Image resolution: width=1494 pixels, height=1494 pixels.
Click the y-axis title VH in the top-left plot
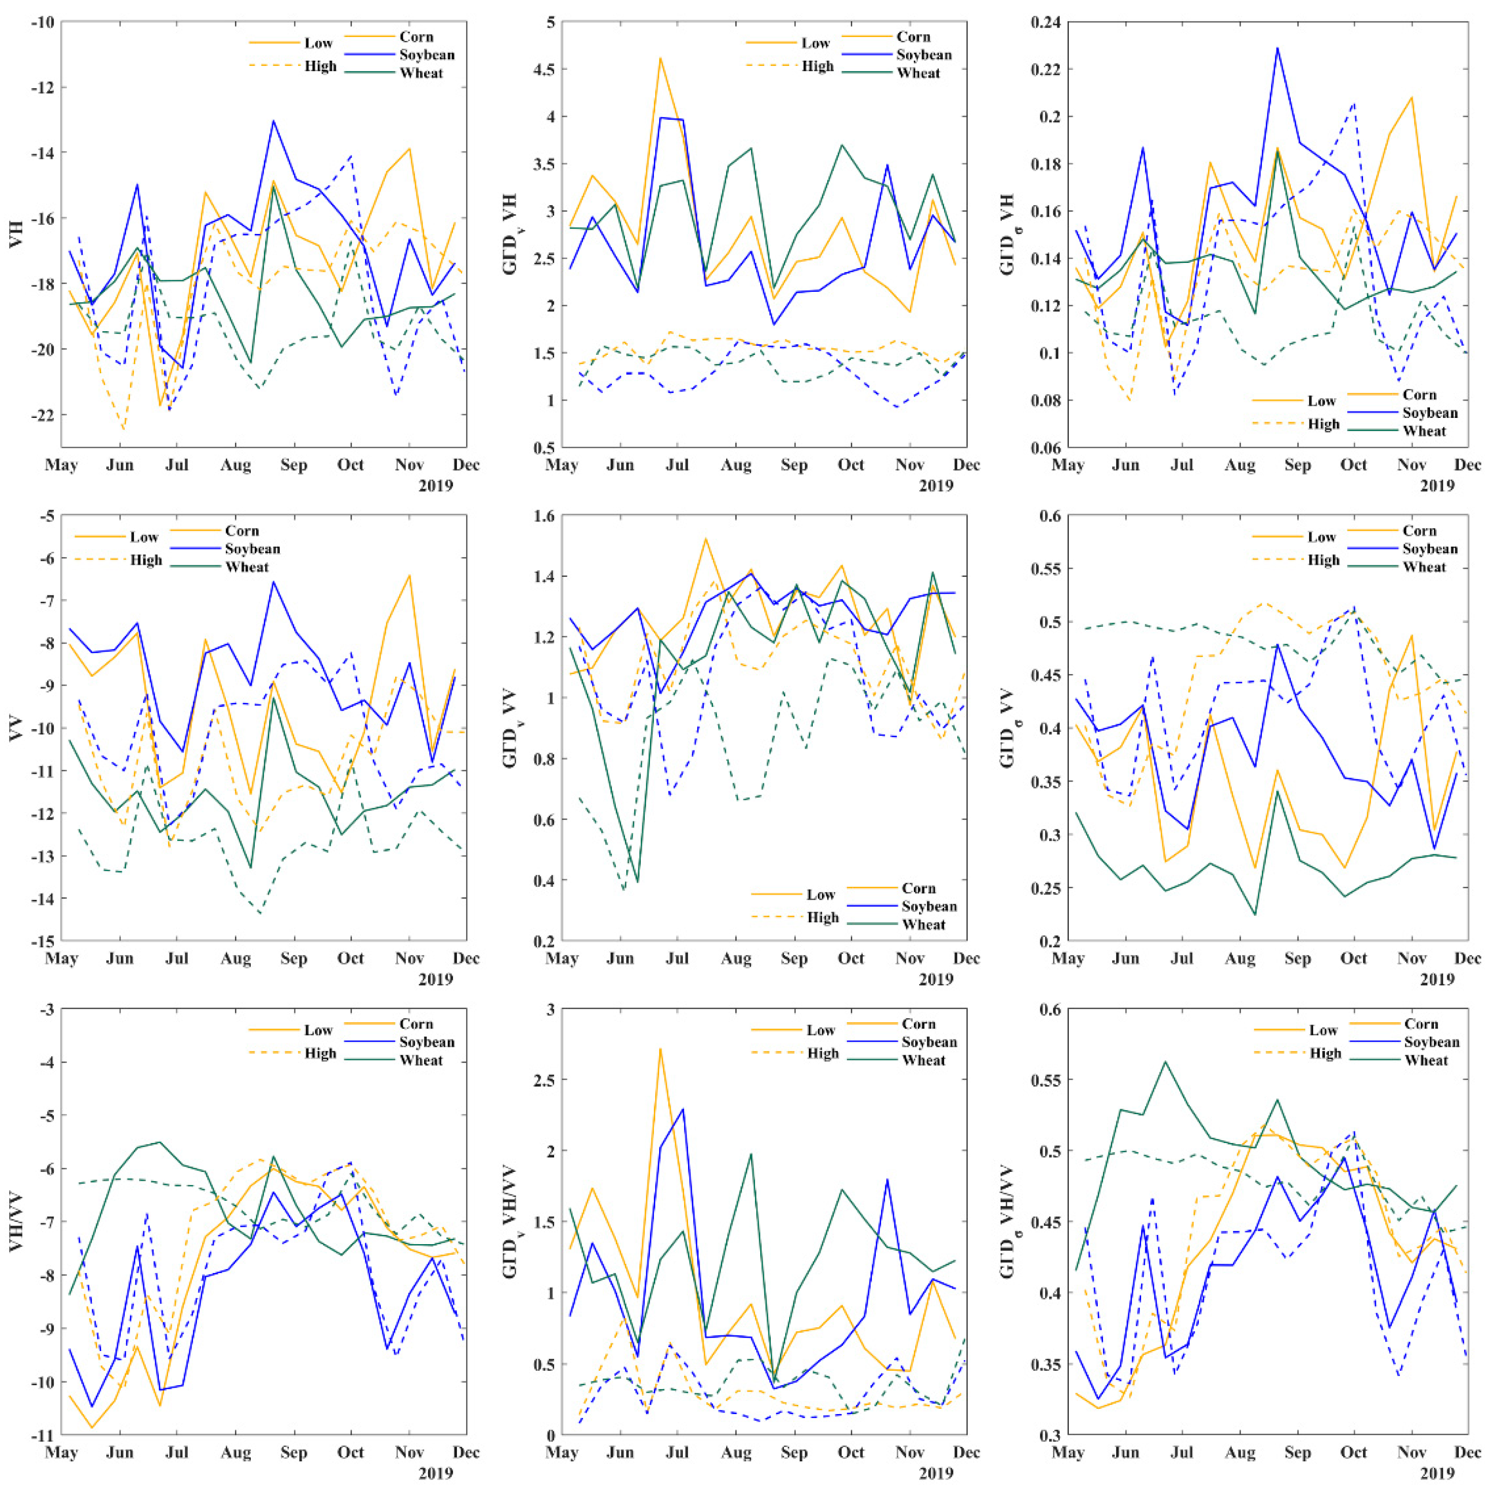click(x=15, y=234)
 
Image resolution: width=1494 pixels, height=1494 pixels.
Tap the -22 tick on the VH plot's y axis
click(x=42, y=415)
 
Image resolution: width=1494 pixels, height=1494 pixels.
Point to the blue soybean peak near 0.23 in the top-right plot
click(x=1277, y=48)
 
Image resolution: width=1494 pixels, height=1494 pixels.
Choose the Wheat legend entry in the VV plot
click(x=247, y=567)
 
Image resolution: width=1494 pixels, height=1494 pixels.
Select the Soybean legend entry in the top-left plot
click(x=427, y=55)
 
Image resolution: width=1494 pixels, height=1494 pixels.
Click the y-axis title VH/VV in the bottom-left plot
click(x=15, y=1222)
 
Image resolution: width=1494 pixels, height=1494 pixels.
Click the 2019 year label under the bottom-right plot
click(x=1437, y=1473)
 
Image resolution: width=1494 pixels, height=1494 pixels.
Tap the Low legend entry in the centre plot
click(x=820, y=895)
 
